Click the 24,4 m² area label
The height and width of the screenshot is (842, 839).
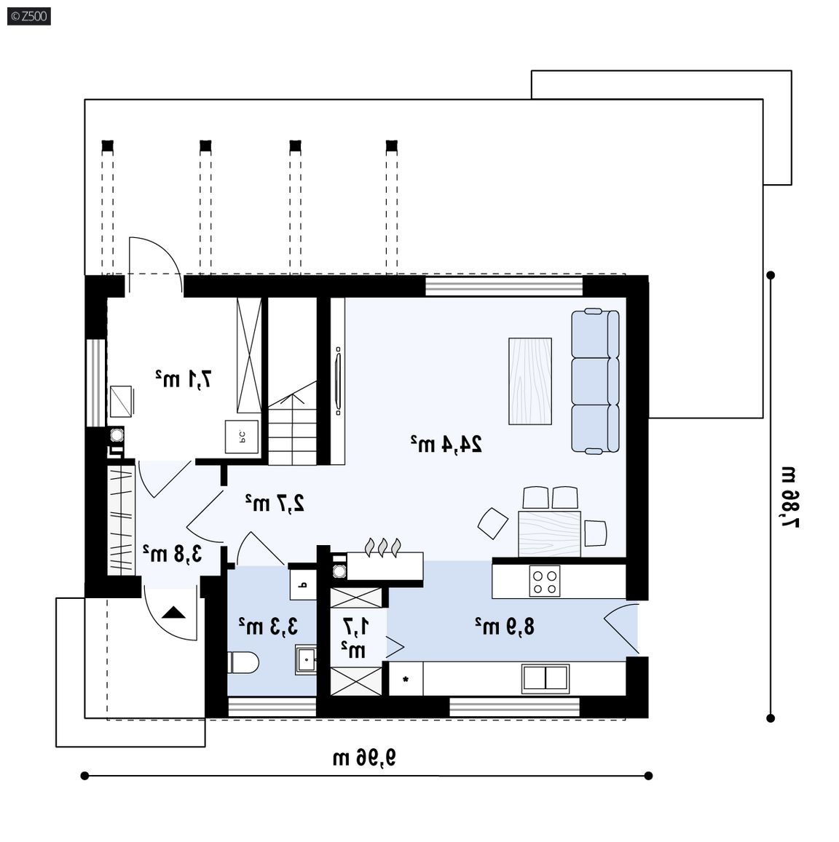[x=446, y=444]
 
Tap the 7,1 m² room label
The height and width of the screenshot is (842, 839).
[x=184, y=379]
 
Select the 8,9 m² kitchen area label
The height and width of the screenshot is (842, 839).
[x=505, y=626]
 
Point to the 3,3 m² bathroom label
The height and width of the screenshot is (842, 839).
[x=268, y=626]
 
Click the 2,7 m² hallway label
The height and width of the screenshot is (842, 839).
[x=275, y=503]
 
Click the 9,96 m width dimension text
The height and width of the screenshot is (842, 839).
[x=364, y=758]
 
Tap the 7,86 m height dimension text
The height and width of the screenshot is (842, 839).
[x=789, y=497]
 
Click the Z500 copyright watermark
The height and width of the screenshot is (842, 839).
[x=29, y=16]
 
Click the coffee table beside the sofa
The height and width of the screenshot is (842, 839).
[x=530, y=381]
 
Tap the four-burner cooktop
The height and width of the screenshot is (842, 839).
[x=545, y=581]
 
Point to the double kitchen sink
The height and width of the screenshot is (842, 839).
[x=545, y=678]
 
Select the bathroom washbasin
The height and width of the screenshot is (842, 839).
[x=305, y=659]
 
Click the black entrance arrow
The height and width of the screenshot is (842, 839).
[x=173, y=612]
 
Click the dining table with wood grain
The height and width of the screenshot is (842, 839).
[x=549, y=533]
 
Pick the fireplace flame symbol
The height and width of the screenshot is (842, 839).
[x=382, y=547]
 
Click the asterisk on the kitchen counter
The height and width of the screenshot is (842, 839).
[x=405, y=680]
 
